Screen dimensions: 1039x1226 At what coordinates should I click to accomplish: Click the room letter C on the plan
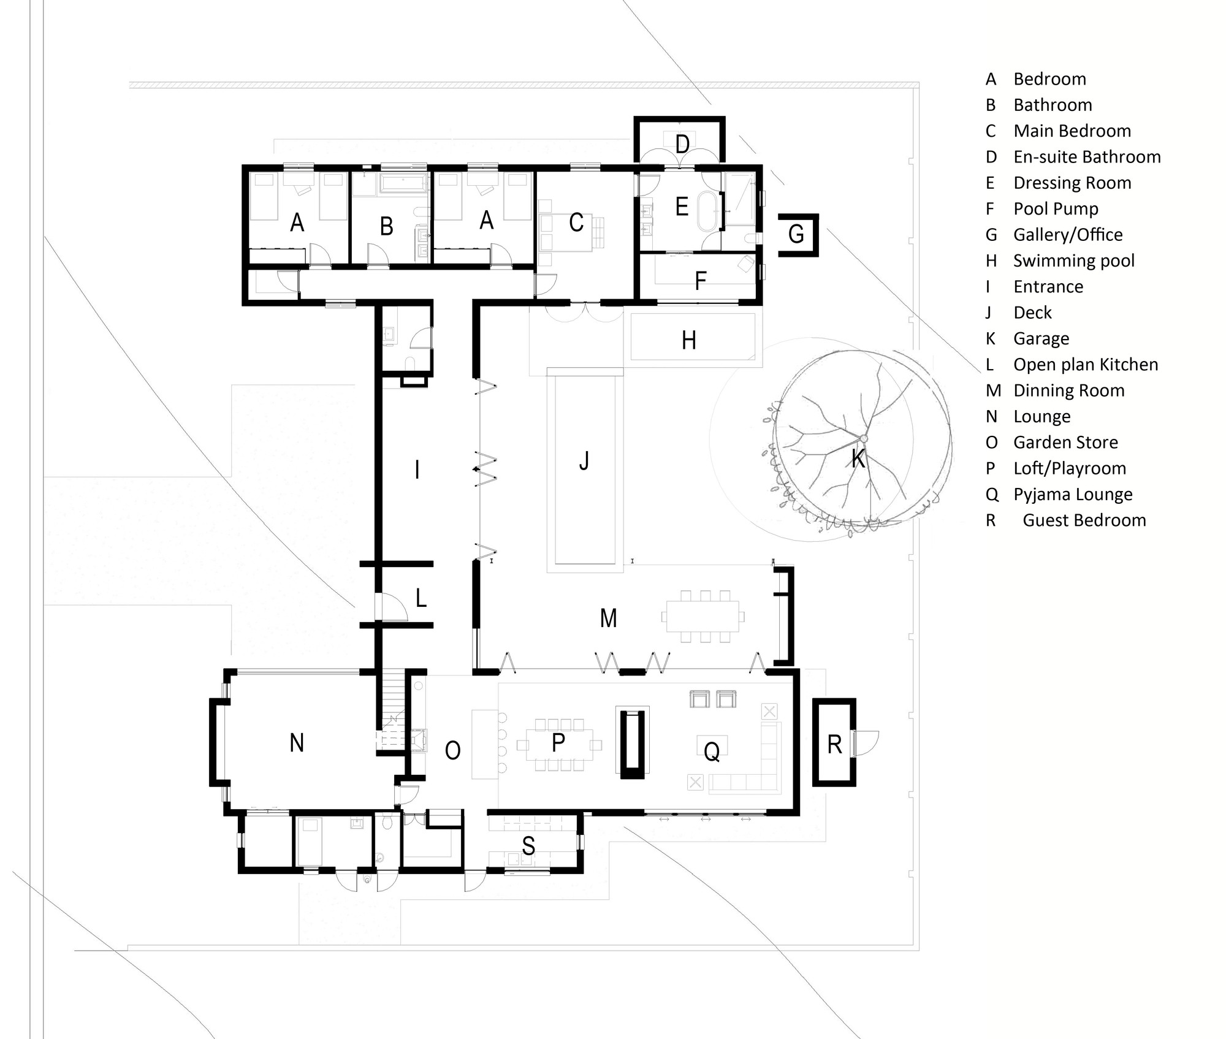click(576, 223)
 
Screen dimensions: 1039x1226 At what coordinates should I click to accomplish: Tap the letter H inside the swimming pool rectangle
click(689, 340)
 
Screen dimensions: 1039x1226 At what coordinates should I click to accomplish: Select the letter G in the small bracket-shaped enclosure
click(796, 234)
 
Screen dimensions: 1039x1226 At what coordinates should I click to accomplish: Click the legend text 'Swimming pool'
click(1073, 261)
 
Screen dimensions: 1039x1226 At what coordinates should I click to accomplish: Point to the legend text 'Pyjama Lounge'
click(1072, 494)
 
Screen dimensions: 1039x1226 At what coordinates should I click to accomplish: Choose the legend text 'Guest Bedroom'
click(1084, 520)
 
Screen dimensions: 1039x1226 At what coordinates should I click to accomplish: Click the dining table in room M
click(703, 616)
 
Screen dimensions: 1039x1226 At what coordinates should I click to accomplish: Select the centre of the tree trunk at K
click(863, 438)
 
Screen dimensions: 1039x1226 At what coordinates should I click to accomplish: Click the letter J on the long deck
click(584, 460)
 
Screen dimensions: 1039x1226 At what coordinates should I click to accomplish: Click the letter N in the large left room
click(297, 743)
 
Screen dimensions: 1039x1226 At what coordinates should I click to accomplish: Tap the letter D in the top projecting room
click(682, 145)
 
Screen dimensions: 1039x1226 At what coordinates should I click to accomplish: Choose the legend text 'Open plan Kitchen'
click(1085, 365)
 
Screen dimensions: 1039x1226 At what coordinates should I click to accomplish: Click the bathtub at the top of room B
click(403, 183)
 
